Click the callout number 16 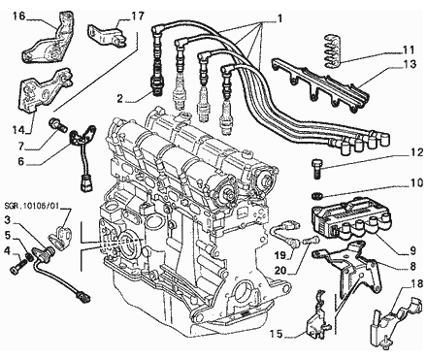(19, 16)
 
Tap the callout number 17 (138, 16)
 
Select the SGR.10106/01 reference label (32, 206)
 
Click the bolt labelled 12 (317, 168)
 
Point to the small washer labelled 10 (316, 195)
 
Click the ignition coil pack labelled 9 (350, 220)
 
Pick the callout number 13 (410, 64)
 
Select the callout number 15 (277, 334)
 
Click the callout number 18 (417, 284)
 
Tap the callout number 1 (279, 18)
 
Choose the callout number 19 (280, 255)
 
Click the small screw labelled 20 (312, 240)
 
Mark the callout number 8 (412, 267)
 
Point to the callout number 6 (21, 161)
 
